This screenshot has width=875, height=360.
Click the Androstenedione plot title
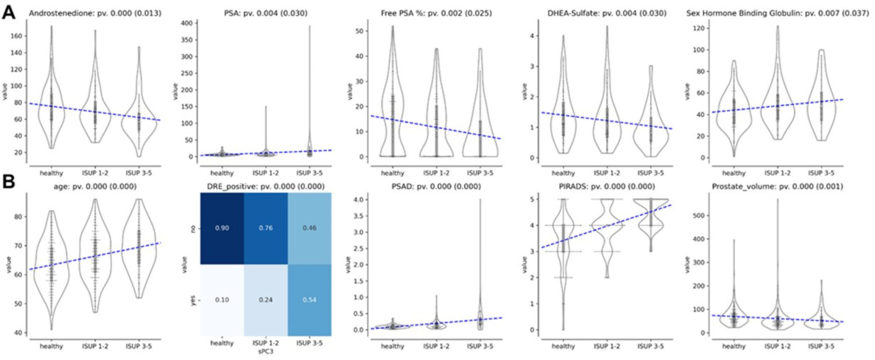pyautogui.click(x=95, y=13)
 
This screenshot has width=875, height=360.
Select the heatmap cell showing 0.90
pyautogui.click(x=222, y=228)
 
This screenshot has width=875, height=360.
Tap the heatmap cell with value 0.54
pyautogui.click(x=309, y=300)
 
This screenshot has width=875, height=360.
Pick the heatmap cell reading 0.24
pyautogui.click(x=266, y=300)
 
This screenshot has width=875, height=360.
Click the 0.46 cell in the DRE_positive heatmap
pyautogui.click(x=309, y=228)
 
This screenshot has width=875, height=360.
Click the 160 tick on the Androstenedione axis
pyautogui.click(x=16, y=36)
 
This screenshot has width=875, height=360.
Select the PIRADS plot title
pyautogui.click(x=607, y=187)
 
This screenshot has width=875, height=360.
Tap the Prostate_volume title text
pyautogui.click(x=777, y=187)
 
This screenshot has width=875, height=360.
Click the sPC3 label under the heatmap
pyautogui.click(x=265, y=351)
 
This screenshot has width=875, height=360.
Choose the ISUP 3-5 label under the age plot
pyautogui.click(x=139, y=346)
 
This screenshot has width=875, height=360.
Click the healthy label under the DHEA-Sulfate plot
pyautogui.click(x=563, y=173)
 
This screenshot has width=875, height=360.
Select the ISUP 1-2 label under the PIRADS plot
pyautogui.click(x=607, y=346)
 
